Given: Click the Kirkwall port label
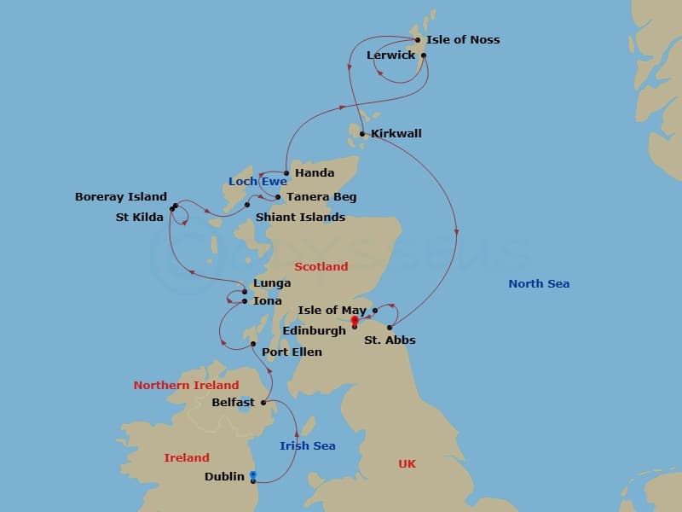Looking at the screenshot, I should pos(396,134).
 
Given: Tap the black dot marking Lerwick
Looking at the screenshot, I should pos(424,55).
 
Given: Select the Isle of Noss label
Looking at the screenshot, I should pos(462,40).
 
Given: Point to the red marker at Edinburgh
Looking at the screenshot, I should pos(355,320).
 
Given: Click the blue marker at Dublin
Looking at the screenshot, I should pos(253,474).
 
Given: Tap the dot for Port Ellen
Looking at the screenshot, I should pos(253,344).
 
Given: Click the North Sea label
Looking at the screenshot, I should pos(539,284).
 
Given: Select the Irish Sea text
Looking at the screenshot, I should pos(308,446).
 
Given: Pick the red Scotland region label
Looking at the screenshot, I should pos(321,267).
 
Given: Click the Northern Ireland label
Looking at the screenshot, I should pos(186,386).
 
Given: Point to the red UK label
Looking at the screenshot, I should pos(407,464).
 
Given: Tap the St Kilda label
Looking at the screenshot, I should pos(140,218).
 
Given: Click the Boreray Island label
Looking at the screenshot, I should pos(121,197).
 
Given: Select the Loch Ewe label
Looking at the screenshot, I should pos(257,182).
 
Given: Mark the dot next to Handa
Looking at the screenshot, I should pos(286,173).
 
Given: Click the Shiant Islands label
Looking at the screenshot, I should pos(300,218).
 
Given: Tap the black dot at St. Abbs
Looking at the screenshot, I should pos(390,328).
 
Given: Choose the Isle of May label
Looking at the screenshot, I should pos(332,311).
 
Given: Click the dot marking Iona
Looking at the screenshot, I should pos(245,301).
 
